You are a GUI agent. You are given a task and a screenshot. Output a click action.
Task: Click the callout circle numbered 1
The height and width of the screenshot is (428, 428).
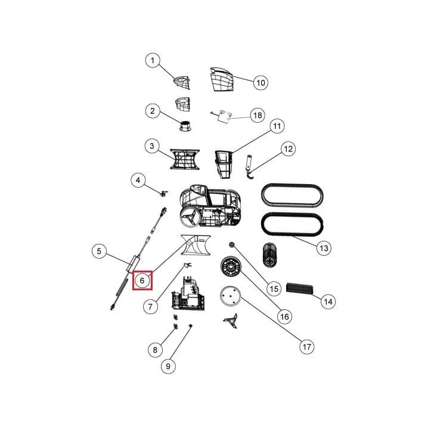[153, 60]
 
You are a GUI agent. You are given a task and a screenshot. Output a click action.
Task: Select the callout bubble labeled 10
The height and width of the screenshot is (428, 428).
[260, 82]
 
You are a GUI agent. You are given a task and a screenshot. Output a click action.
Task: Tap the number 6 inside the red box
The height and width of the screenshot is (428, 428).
[142, 280]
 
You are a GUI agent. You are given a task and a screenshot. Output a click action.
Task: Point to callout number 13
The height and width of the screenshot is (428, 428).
[324, 248]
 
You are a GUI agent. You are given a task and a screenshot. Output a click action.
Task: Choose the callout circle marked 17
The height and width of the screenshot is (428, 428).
[306, 347]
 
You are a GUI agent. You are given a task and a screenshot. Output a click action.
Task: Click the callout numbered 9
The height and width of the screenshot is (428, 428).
[168, 366]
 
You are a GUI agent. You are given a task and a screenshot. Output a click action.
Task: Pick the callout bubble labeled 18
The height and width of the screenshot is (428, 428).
[258, 115]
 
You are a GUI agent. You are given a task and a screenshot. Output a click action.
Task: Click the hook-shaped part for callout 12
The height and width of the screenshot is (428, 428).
[250, 168]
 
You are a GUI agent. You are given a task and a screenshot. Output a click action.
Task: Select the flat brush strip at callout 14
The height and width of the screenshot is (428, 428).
[300, 289]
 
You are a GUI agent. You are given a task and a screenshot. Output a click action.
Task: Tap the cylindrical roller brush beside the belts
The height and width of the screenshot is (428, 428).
[269, 255]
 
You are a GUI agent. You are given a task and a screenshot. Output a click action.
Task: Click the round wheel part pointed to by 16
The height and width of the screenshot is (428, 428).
[231, 266]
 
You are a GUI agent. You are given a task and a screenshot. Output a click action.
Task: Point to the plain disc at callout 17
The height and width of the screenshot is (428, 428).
[230, 296]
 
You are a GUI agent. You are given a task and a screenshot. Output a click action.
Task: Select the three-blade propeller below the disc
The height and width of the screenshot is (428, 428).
[231, 321]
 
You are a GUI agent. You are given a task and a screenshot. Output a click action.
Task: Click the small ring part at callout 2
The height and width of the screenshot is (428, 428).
[185, 125]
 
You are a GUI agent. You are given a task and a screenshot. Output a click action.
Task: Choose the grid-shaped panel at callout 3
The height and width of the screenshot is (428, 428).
[185, 159]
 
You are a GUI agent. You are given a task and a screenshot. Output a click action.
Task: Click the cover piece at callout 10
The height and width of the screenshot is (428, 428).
[222, 79]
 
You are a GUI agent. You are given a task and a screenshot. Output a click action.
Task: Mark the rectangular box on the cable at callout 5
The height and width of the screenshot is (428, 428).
[133, 263]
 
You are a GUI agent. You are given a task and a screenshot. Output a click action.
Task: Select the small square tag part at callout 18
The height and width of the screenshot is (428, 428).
[225, 116]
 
